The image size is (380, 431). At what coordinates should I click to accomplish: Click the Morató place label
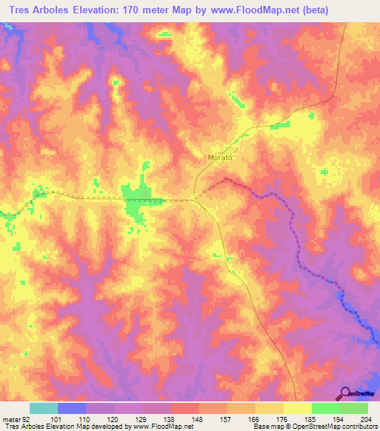click(x=217, y=158)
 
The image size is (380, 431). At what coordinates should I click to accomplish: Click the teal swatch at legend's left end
click(x=43, y=408)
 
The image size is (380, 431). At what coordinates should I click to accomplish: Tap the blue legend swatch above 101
click(x=71, y=408)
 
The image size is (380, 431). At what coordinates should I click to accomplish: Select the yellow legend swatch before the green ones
click(x=297, y=408)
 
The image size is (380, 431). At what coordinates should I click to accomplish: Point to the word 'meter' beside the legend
click(x=10, y=419)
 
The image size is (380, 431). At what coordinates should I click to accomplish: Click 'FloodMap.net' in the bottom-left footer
click(x=158, y=427)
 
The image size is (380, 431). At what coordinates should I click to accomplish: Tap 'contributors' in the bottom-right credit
click(x=358, y=427)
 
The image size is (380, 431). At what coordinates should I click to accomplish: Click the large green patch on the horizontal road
click(x=136, y=200)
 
